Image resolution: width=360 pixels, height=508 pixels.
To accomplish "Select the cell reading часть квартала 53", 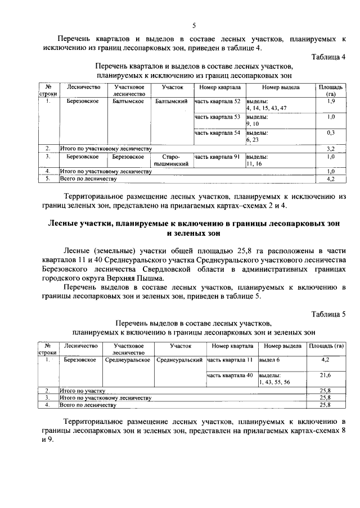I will [x=218, y=117].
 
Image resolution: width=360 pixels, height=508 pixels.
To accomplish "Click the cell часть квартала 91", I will [x=218, y=157].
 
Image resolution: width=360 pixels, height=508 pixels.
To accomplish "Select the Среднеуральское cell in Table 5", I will [x=128, y=360].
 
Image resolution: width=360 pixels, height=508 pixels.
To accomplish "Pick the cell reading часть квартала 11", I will [x=230, y=360].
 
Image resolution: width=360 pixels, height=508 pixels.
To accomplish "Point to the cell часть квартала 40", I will [x=230, y=375].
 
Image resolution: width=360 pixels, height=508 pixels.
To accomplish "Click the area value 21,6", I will [x=325, y=375].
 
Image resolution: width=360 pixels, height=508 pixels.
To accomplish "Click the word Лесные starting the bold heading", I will [x=64, y=225].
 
